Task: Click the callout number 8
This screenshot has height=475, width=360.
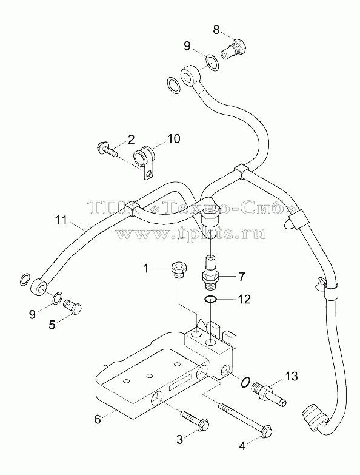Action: click(x=216, y=30)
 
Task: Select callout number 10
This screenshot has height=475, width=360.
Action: click(x=173, y=139)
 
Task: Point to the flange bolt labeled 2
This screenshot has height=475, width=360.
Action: click(x=107, y=150)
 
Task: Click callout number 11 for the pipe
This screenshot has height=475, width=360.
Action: click(x=61, y=220)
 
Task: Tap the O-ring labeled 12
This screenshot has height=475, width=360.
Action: click(x=210, y=300)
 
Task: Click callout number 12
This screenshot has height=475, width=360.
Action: click(x=244, y=299)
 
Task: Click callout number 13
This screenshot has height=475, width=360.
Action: click(x=291, y=376)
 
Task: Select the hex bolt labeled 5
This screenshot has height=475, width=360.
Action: click(x=73, y=307)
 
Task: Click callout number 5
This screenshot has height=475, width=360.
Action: click(x=52, y=325)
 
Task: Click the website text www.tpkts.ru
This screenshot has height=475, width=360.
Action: click(x=190, y=233)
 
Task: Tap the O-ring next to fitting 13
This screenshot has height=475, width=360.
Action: click(x=245, y=382)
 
